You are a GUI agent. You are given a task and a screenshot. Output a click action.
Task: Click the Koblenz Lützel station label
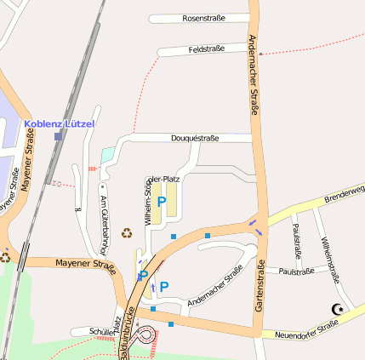pos(60,123)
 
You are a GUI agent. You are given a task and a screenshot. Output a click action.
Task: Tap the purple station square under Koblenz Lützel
pos(58,136)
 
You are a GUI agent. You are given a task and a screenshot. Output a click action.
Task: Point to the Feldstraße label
pos(206,49)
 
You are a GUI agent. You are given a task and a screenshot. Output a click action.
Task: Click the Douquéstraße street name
pos(196,137)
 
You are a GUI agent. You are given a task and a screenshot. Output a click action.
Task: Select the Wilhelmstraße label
pos(330,259)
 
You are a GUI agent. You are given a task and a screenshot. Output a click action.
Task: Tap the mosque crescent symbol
pos(338,310)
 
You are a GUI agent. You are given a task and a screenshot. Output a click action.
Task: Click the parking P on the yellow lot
pos(162,202)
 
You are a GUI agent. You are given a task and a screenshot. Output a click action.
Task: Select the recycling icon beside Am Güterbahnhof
pos(127,232)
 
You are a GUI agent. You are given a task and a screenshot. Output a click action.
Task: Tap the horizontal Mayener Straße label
pos(85,265)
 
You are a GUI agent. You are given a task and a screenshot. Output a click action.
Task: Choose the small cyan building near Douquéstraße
pos(107,155)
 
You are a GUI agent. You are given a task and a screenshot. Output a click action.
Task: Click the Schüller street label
pos(87,331)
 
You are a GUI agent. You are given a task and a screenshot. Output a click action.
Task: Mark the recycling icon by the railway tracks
pos(5,254)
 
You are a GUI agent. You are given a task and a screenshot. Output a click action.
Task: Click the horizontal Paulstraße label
pos(296,271)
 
